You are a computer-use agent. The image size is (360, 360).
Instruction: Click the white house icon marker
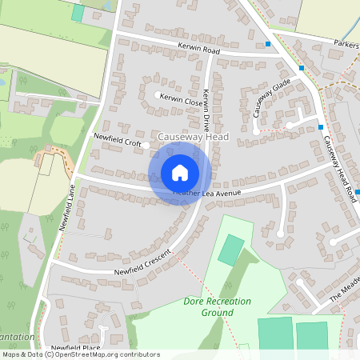pos(180,173)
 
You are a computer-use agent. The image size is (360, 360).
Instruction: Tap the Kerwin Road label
pos(199,50)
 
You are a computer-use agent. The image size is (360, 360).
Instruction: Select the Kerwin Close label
pos(181,98)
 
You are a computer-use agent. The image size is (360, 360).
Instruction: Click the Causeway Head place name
pos(193,137)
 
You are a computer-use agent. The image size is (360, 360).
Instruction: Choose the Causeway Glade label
pos(271,98)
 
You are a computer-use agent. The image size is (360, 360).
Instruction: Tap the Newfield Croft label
pos(117,141)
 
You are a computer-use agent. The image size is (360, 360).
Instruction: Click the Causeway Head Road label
pos(340,169)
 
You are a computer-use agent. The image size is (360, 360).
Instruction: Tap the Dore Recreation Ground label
pos(215,307)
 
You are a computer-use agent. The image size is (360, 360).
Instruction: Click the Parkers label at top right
pos(346,43)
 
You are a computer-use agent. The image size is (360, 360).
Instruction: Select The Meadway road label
pos(346,293)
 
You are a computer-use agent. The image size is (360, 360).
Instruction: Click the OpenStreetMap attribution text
pos(80,354)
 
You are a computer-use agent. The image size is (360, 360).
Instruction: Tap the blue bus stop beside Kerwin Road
pos(268,44)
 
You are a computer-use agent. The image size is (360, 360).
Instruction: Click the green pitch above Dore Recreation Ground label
pos(231,250)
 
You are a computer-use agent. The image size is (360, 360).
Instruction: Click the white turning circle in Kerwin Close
pos(157,95)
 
